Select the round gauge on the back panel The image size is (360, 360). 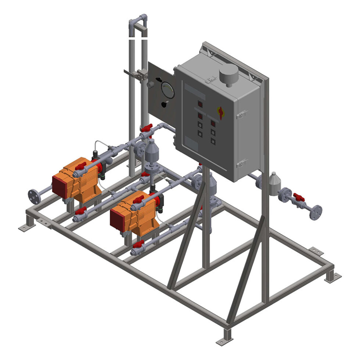[x=168, y=90]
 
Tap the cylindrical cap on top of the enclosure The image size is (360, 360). [x=228, y=75]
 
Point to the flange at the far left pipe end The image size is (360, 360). [x=34, y=197]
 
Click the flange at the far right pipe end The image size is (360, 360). [x=316, y=212]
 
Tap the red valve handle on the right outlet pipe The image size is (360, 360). [x=299, y=198]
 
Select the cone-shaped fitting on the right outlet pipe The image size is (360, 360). [x=274, y=183]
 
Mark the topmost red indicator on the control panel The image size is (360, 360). [x=200, y=104]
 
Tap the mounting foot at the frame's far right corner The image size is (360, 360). [x=332, y=276]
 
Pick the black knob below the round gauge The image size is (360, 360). [x=163, y=104]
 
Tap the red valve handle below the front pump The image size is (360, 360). [x=138, y=244]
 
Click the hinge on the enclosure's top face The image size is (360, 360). [x=210, y=78]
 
